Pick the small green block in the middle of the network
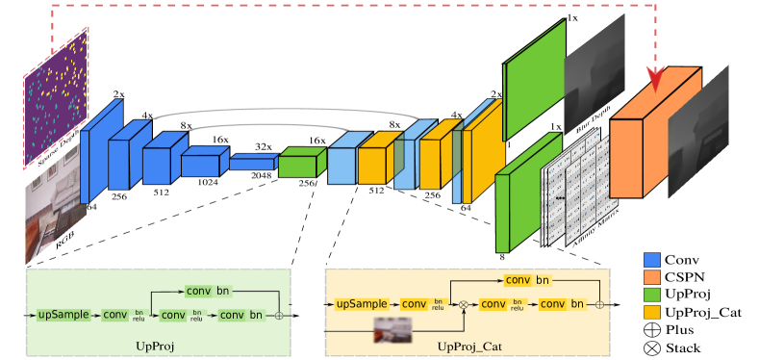(298, 167)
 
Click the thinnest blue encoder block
(252, 164)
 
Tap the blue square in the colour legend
(651, 260)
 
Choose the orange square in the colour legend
(651, 277)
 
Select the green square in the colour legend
(651, 295)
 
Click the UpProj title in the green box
(158, 344)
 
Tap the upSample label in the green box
(63, 315)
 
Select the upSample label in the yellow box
(362, 304)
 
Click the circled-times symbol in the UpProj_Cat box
(463, 305)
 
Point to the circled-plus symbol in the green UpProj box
(279, 315)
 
